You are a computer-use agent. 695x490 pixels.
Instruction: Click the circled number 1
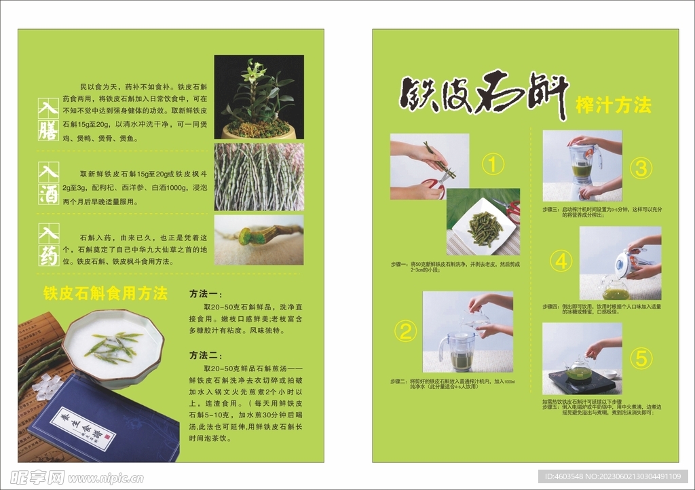pyautogui.click(x=493, y=164)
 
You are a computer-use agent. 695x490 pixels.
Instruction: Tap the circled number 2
pyautogui.click(x=406, y=332)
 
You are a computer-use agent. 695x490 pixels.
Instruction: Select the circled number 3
pyautogui.click(x=641, y=168)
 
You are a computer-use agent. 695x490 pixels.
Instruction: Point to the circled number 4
pyautogui.click(x=561, y=261)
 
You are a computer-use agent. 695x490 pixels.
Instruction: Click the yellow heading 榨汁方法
pyautogui.click(x=613, y=105)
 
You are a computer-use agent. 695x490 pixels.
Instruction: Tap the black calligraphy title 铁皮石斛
pyautogui.click(x=483, y=95)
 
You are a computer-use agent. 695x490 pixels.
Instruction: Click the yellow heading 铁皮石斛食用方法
pyautogui.click(x=105, y=293)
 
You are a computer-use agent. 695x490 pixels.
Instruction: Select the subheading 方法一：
pyautogui.click(x=206, y=294)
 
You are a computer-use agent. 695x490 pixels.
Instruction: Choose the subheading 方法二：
pyautogui.click(x=206, y=355)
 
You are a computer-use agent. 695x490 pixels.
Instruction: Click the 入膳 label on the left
pyautogui.click(x=48, y=119)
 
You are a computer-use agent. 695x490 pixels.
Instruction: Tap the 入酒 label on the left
pyautogui.click(x=48, y=183)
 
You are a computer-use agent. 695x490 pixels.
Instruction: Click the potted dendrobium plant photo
pyautogui.click(x=259, y=97)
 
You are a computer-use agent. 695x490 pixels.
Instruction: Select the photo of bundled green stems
pyautogui.click(x=259, y=176)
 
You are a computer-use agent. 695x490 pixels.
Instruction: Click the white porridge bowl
pyautogui.click(x=113, y=346)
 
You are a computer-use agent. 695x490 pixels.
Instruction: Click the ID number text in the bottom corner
pyautogui.click(x=613, y=476)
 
